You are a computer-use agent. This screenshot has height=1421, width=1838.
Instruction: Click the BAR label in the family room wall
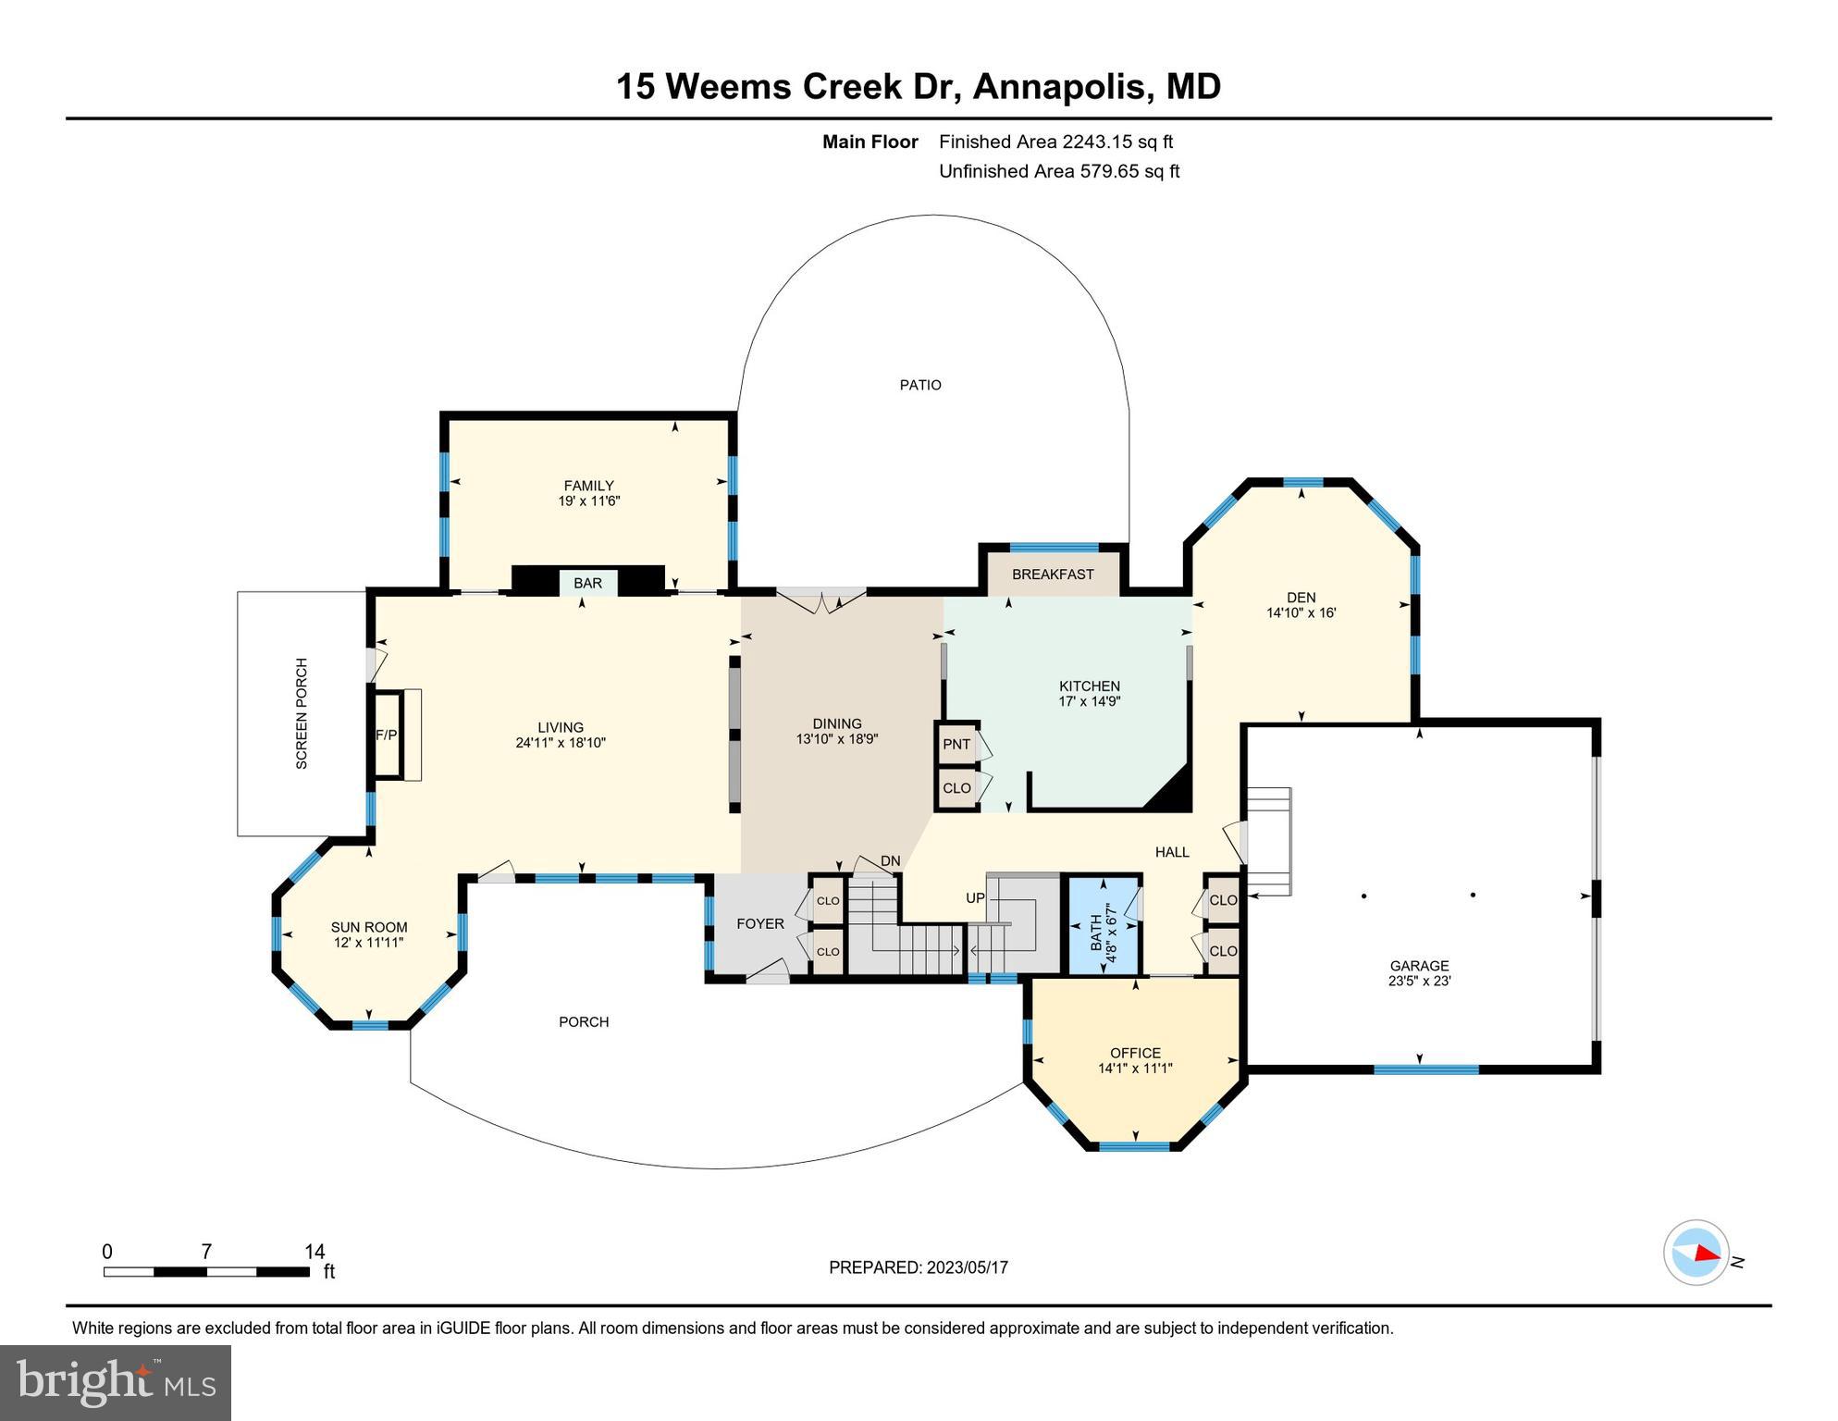pyautogui.click(x=587, y=583)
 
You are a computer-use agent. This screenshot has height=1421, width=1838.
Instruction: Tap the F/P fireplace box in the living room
pyautogui.click(x=386, y=735)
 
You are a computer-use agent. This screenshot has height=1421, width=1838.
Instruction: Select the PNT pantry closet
pyautogui.click(x=956, y=744)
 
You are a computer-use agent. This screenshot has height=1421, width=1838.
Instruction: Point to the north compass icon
pyautogui.click(x=1696, y=1253)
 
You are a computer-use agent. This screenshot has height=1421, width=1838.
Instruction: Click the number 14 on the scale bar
pyautogui.click(x=315, y=1252)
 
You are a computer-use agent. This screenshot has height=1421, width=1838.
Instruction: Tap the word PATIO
pyautogui.click(x=920, y=385)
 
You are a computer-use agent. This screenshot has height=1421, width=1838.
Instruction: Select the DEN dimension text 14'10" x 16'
pyautogui.click(x=1301, y=612)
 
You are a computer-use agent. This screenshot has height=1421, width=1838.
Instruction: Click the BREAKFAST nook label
pyautogui.click(x=1053, y=575)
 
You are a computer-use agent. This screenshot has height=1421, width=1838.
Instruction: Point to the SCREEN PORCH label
pyautogui.click(x=302, y=713)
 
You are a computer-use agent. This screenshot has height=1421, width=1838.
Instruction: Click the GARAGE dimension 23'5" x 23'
pyautogui.click(x=1419, y=981)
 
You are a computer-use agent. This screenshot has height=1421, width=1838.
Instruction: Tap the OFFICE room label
pyautogui.click(x=1135, y=1053)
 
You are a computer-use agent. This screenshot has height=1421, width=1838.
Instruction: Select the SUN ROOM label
pyautogui.click(x=369, y=927)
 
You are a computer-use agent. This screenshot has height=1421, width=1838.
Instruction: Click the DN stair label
pyautogui.click(x=890, y=861)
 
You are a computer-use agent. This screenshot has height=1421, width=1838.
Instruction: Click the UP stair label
pyautogui.click(x=975, y=898)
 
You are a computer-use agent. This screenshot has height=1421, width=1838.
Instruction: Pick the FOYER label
pyautogui.click(x=760, y=923)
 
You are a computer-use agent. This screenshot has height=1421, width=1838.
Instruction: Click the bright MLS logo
pyautogui.click(x=116, y=1383)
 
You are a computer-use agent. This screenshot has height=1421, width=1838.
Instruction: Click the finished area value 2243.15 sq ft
pyautogui.click(x=1117, y=142)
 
